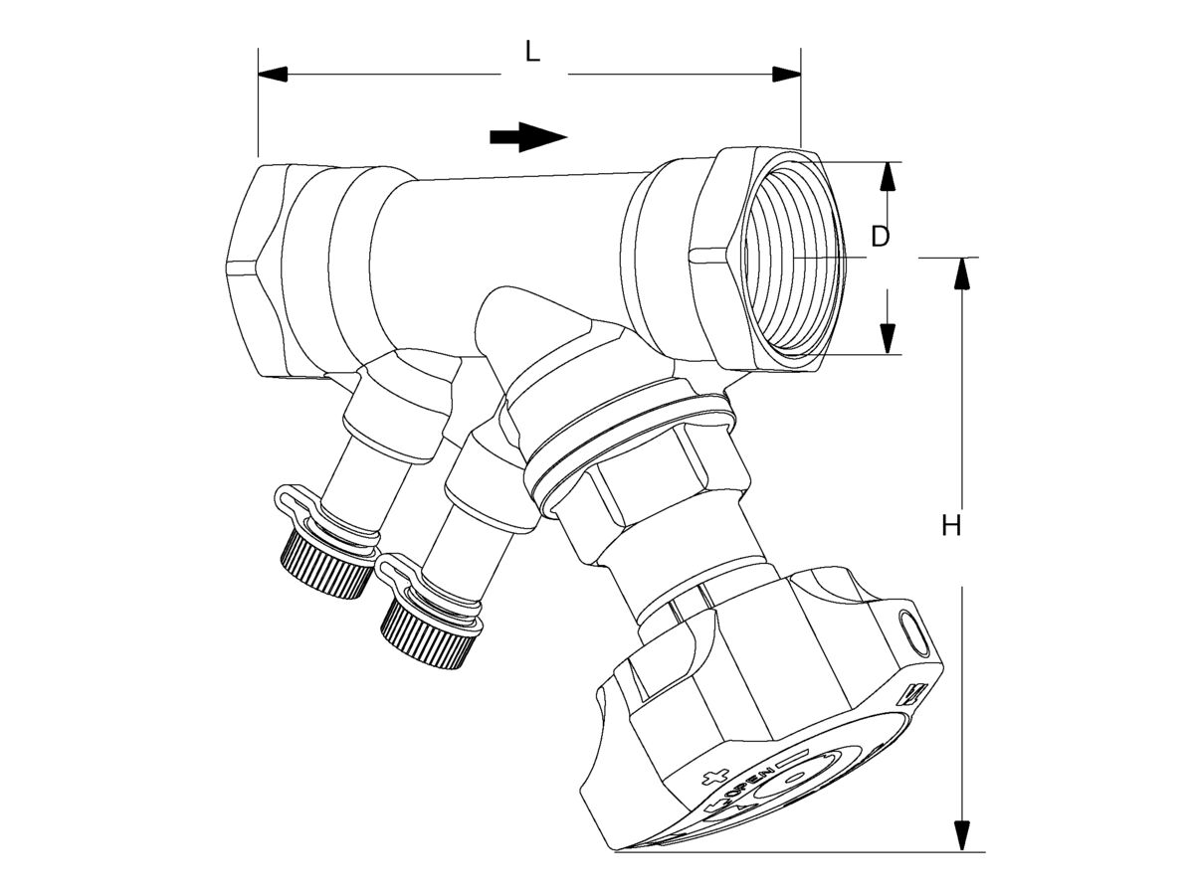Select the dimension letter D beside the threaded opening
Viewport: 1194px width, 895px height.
click(880, 237)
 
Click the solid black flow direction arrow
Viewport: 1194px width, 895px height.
click(527, 137)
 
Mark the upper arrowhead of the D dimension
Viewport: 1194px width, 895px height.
click(888, 176)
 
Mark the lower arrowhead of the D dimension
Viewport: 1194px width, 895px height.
click(888, 339)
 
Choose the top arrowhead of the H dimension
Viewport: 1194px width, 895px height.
click(962, 272)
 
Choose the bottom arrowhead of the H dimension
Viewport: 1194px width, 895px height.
click(962, 835)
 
